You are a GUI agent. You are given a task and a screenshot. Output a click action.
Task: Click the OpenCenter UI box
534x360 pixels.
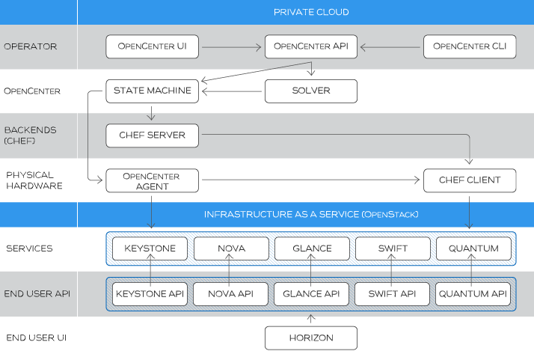(x=152, y=46)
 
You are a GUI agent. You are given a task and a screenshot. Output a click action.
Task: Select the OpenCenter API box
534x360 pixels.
(x=310, y=46)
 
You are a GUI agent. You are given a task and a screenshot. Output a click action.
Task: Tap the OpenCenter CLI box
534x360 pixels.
(x=470, y=46)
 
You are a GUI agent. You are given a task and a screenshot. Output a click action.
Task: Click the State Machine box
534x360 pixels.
(x=152, y=91)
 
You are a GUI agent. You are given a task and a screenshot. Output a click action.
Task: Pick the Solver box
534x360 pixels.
(x=310, y=91)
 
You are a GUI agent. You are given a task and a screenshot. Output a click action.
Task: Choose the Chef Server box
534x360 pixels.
(x=152, y=135)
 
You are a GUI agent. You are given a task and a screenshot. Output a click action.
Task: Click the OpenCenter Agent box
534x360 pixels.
(x=152, y=180)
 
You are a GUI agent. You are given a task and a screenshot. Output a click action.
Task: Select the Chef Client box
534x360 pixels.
(x=470, y=180)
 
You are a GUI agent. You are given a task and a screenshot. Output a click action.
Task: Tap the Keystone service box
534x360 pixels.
(x=150, y=248)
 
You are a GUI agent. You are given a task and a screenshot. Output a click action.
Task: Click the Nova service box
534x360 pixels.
(x=230, y=248)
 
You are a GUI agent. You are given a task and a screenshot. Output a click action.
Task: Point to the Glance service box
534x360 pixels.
(x=311, y=248)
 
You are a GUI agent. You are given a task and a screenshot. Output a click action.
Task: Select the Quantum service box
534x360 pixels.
(x=473, y=248)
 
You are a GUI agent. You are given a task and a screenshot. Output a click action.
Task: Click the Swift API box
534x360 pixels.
(x=392, y=293)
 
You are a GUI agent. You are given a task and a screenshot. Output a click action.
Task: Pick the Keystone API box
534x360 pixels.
(x=150, y=293)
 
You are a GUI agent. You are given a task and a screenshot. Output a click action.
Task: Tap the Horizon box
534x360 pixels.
(x=310, y=338)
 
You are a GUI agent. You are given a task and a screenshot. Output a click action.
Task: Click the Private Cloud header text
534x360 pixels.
(x=310, y=12)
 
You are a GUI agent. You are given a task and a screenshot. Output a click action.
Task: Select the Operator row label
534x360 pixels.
(x=30, y=46)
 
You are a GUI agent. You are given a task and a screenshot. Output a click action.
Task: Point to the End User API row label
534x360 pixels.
(x=37, y=293)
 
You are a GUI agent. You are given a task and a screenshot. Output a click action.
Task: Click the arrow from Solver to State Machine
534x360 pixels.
(x=232, y=91)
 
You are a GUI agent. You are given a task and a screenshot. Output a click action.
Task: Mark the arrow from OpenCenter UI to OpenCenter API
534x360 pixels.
(x=231, y=46)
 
